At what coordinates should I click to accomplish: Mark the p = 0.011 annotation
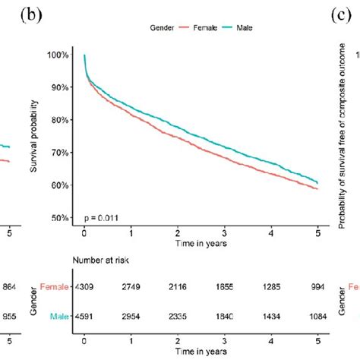pyautogui.click(x=100, y=216)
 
